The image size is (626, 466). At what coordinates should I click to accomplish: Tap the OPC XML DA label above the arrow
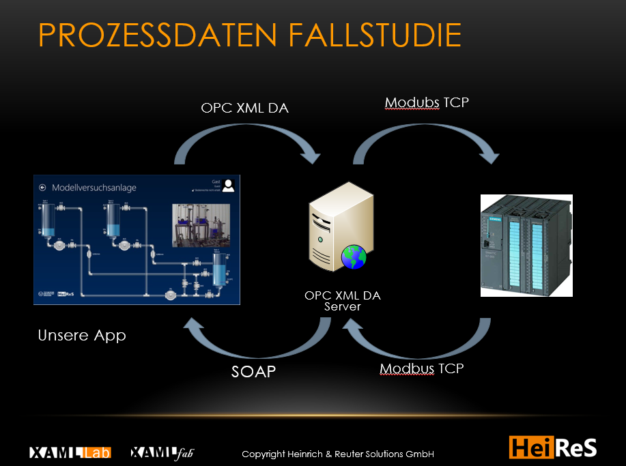click(244, 108)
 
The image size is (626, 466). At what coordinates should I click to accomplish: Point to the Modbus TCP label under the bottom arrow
click(421, 369)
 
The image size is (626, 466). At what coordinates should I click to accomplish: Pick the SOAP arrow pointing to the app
click(257, 345)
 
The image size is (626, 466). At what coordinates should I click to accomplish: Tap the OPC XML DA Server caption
click(342, 301)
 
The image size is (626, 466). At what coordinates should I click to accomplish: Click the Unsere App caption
click(82, 336)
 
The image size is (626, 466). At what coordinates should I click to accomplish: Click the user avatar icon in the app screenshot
click(229, 184)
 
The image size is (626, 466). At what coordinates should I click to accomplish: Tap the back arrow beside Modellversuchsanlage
click(42, 186)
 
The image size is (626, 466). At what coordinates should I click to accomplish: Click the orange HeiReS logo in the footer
click(553, 447)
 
